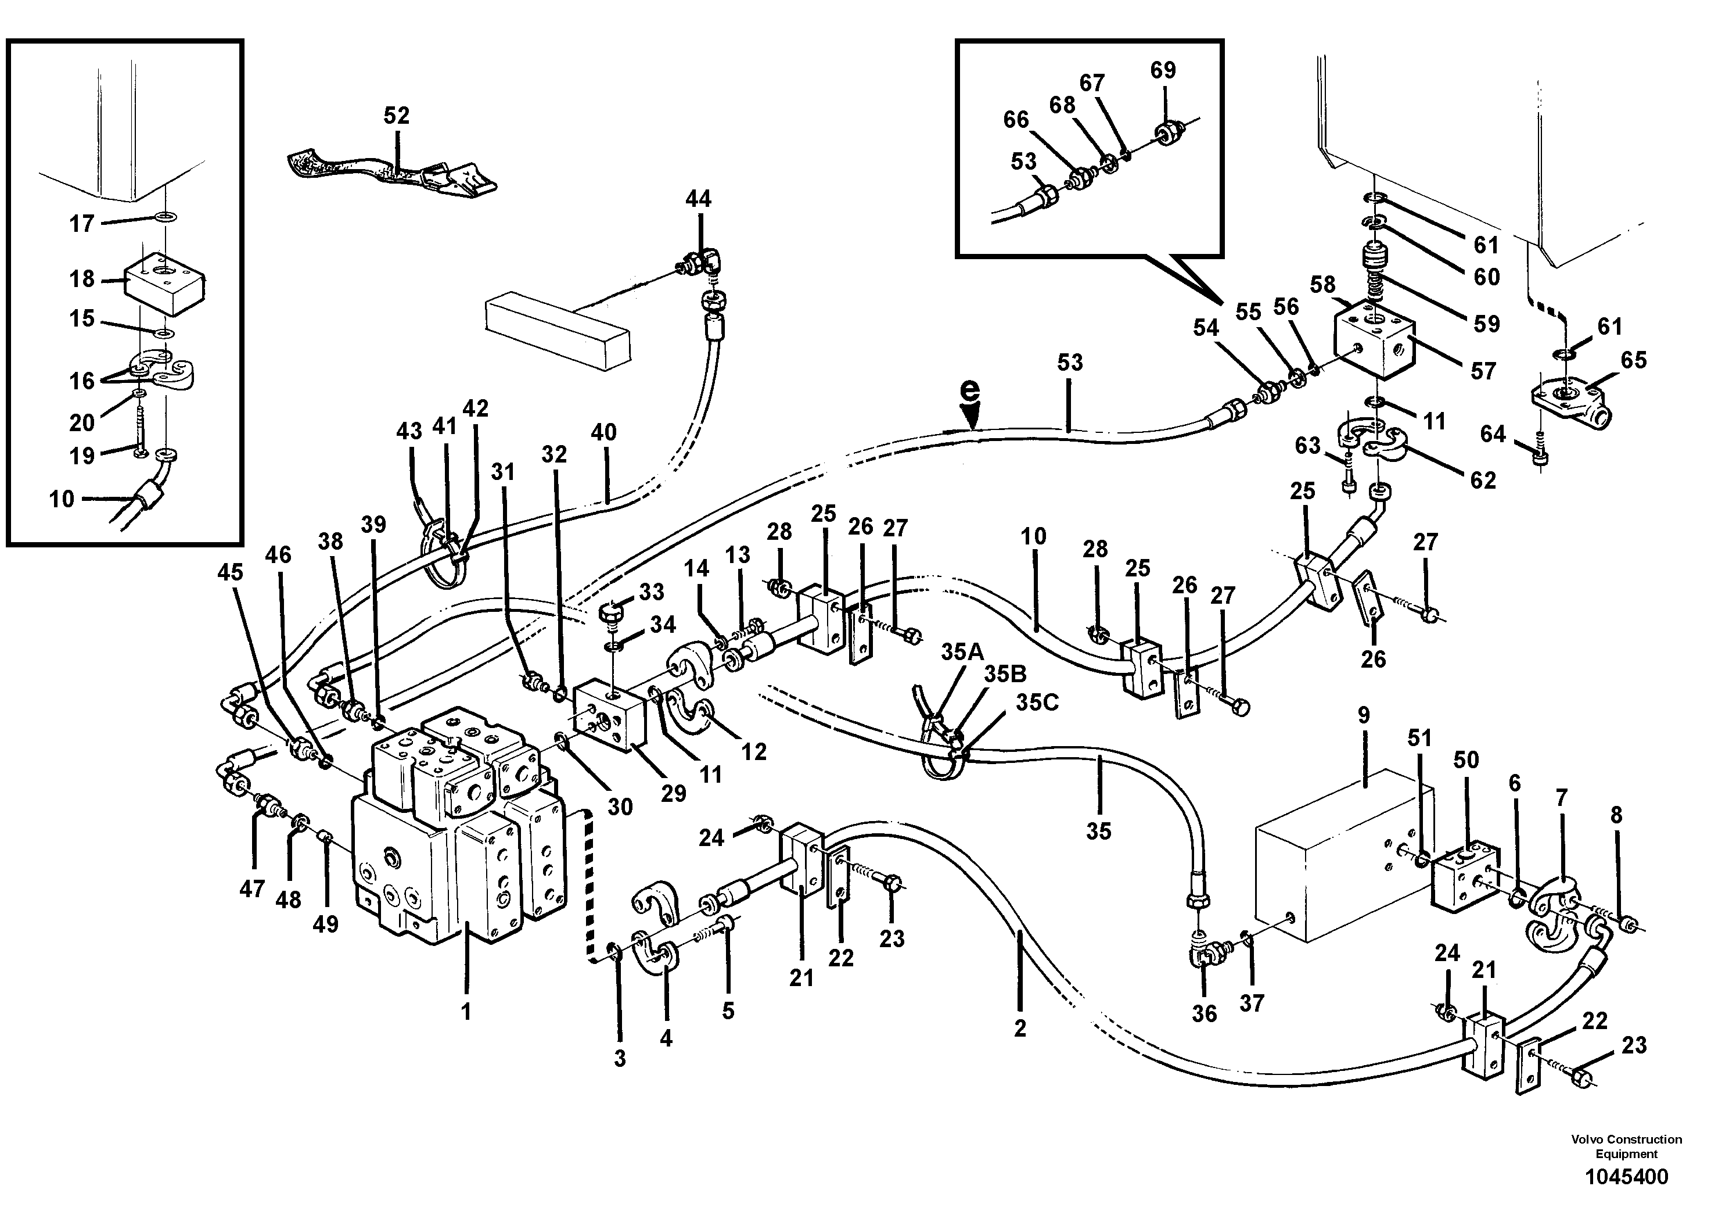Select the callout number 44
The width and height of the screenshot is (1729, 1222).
coord(698,199)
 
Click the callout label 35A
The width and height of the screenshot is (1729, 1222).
coord(962,652)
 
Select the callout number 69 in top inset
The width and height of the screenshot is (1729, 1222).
coord(1163,70)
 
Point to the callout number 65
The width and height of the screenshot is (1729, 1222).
coord(1633,360)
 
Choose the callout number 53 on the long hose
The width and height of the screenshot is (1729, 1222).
coord(1069,363)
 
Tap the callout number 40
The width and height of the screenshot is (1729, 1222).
coord(604,432)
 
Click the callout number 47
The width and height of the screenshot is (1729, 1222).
coord(251,889)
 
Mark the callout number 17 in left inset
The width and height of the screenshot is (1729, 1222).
coord(81,224)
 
